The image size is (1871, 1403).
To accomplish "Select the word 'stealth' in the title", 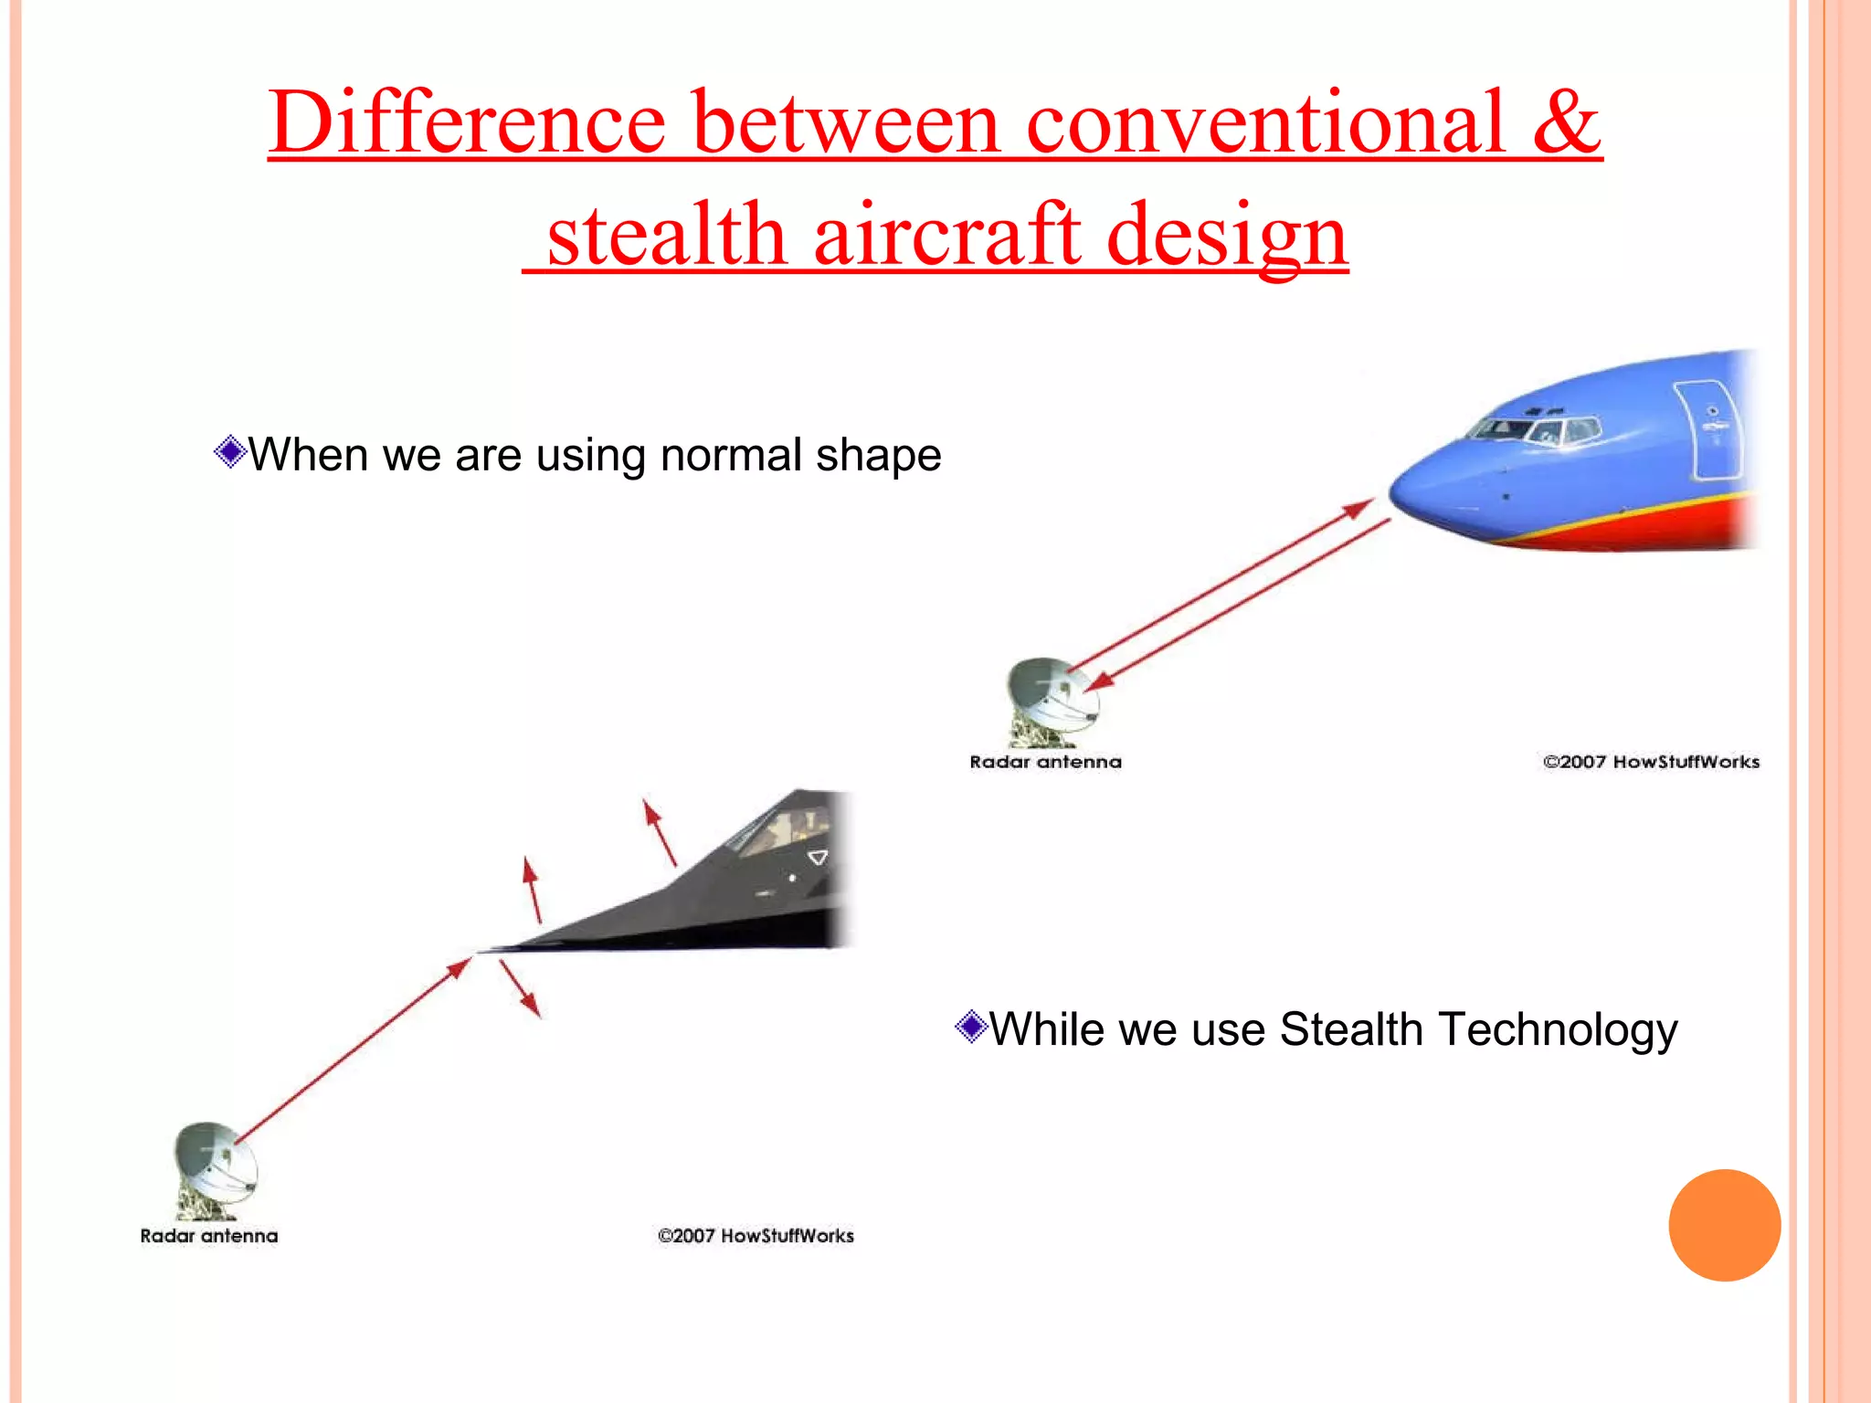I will point(667,236).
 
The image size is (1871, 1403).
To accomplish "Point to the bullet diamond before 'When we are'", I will point(230,451).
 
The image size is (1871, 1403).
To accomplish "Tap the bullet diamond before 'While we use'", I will point(971,1027).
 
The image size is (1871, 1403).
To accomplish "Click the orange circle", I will point(1724,1225).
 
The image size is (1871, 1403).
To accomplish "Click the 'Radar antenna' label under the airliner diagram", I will point(1045,762).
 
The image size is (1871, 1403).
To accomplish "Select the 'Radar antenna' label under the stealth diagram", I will point(208,1236).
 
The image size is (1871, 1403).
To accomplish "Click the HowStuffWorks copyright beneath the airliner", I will point(1651,762).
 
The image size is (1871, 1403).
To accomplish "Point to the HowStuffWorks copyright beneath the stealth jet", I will point(756,1236).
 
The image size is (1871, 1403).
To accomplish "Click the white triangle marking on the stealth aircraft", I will point(818,858).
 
